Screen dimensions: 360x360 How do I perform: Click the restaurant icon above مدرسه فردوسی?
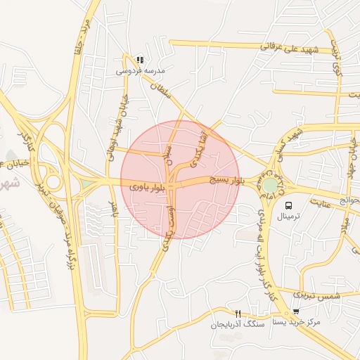(x=140, y=60)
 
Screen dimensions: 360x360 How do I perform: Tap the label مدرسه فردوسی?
(x=141, y=71)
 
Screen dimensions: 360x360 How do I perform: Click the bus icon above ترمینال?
(x=288, y=205)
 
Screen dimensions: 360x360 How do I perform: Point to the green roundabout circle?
(x=270, y=185)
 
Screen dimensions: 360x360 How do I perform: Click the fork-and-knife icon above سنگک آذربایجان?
(x=238, y=314)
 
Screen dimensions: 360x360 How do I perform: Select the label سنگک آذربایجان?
(x=236, y=326)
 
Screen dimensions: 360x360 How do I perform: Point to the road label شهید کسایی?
(x=303, y=138)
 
